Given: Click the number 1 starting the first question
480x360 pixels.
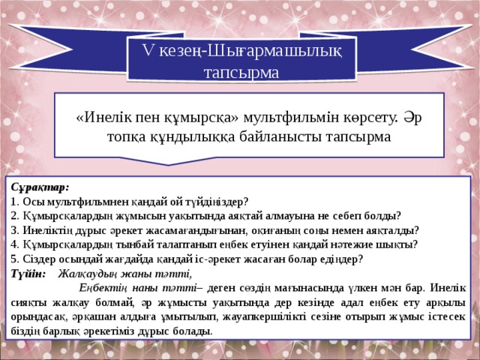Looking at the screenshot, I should [x=14, y=202].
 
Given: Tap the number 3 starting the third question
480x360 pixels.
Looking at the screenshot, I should [x=14, y=230].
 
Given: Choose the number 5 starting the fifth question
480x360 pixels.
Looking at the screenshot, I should [x=14, y=259].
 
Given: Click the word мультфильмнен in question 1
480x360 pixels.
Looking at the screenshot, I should [x=87, y=202].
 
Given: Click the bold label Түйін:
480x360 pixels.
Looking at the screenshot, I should [x=28, y=273].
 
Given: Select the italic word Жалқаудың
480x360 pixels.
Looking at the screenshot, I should [x=88, y=273].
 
